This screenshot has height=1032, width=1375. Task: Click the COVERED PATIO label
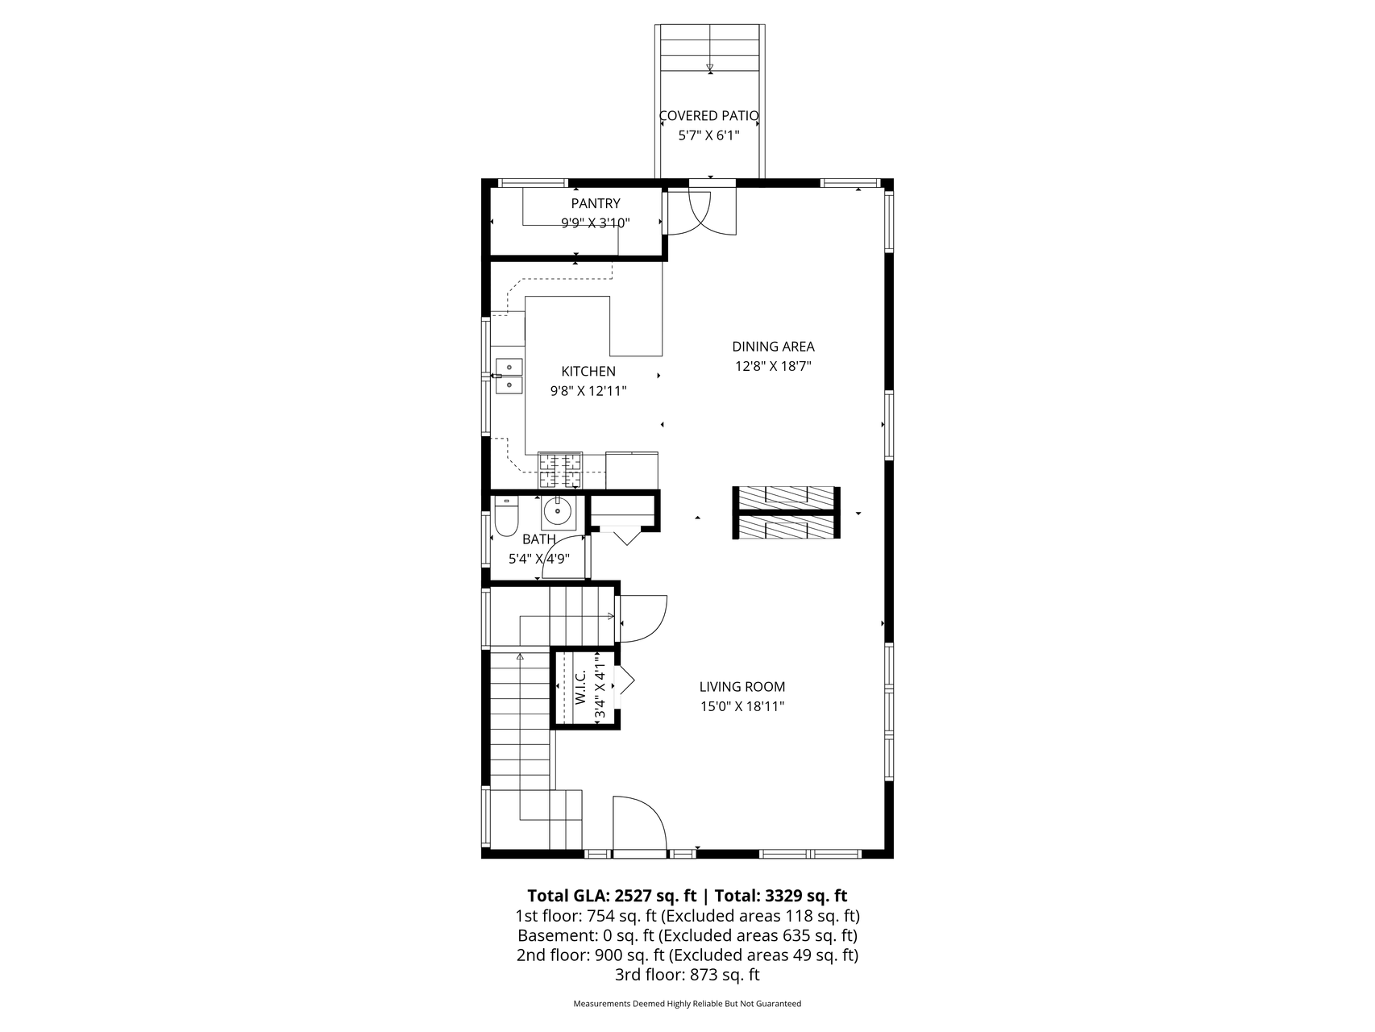[x=708, y=116]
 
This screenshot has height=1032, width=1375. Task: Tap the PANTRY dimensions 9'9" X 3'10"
[x=596, y=223]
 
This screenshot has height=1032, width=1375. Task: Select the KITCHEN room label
[x=588, y=372]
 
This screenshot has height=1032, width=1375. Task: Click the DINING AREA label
[x=773, y=347]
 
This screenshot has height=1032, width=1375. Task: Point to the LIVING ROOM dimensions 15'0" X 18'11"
[x=742, y=706]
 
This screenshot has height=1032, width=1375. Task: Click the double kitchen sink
[x=509, y=377]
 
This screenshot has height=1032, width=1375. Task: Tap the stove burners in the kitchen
[x=560, y=471]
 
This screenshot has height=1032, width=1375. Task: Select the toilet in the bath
[x=505, y=518]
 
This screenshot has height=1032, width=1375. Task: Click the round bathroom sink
[x=557, y=511]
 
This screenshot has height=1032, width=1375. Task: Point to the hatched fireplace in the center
[x=786, y=513]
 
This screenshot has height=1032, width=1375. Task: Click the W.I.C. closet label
[x=581, y=687]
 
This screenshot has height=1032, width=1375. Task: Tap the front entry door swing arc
[x=641, y=822]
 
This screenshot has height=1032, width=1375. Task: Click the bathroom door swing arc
[x=563, y=557]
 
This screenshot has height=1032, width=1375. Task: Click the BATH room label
[x=538, y=539]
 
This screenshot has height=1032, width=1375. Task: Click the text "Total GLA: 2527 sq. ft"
[x=612, y=896]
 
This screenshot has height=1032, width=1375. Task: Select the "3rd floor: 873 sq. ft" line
[x=687, y=975]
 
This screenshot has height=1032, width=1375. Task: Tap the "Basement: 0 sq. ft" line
[x=586, y=935]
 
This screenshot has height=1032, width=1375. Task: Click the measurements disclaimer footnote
[x=687, y=1004]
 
